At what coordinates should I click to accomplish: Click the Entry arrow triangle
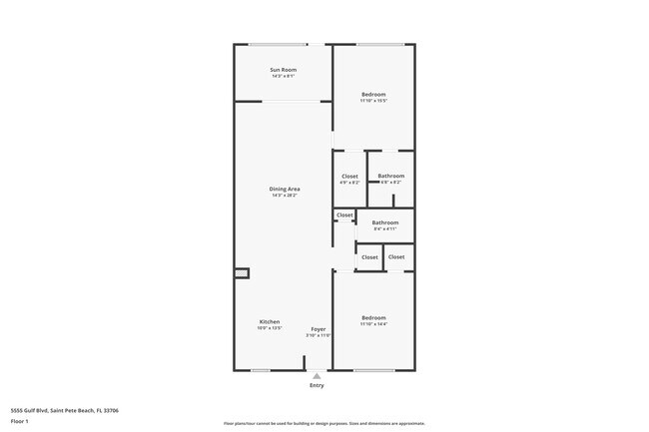(x=317, y=376)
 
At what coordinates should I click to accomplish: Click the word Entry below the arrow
(x=317, y=385)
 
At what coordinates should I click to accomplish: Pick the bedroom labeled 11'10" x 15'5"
(x=373, y=97)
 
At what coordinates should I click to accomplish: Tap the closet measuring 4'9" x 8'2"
(x=349, y=179)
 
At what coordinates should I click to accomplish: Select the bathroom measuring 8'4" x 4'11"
(x=385, y=225)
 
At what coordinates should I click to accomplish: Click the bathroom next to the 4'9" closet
(x=390, y=179)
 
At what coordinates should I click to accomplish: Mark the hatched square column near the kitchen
(x=241, y=272)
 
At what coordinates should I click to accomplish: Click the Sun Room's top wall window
(x=278, y=44)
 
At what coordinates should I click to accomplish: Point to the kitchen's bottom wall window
(x=261, y=370)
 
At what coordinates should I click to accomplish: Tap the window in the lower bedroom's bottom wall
(x=373, y=370)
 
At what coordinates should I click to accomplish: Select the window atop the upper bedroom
(x=380, y=44)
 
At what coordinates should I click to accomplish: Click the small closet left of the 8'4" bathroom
(x=344, y=216)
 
